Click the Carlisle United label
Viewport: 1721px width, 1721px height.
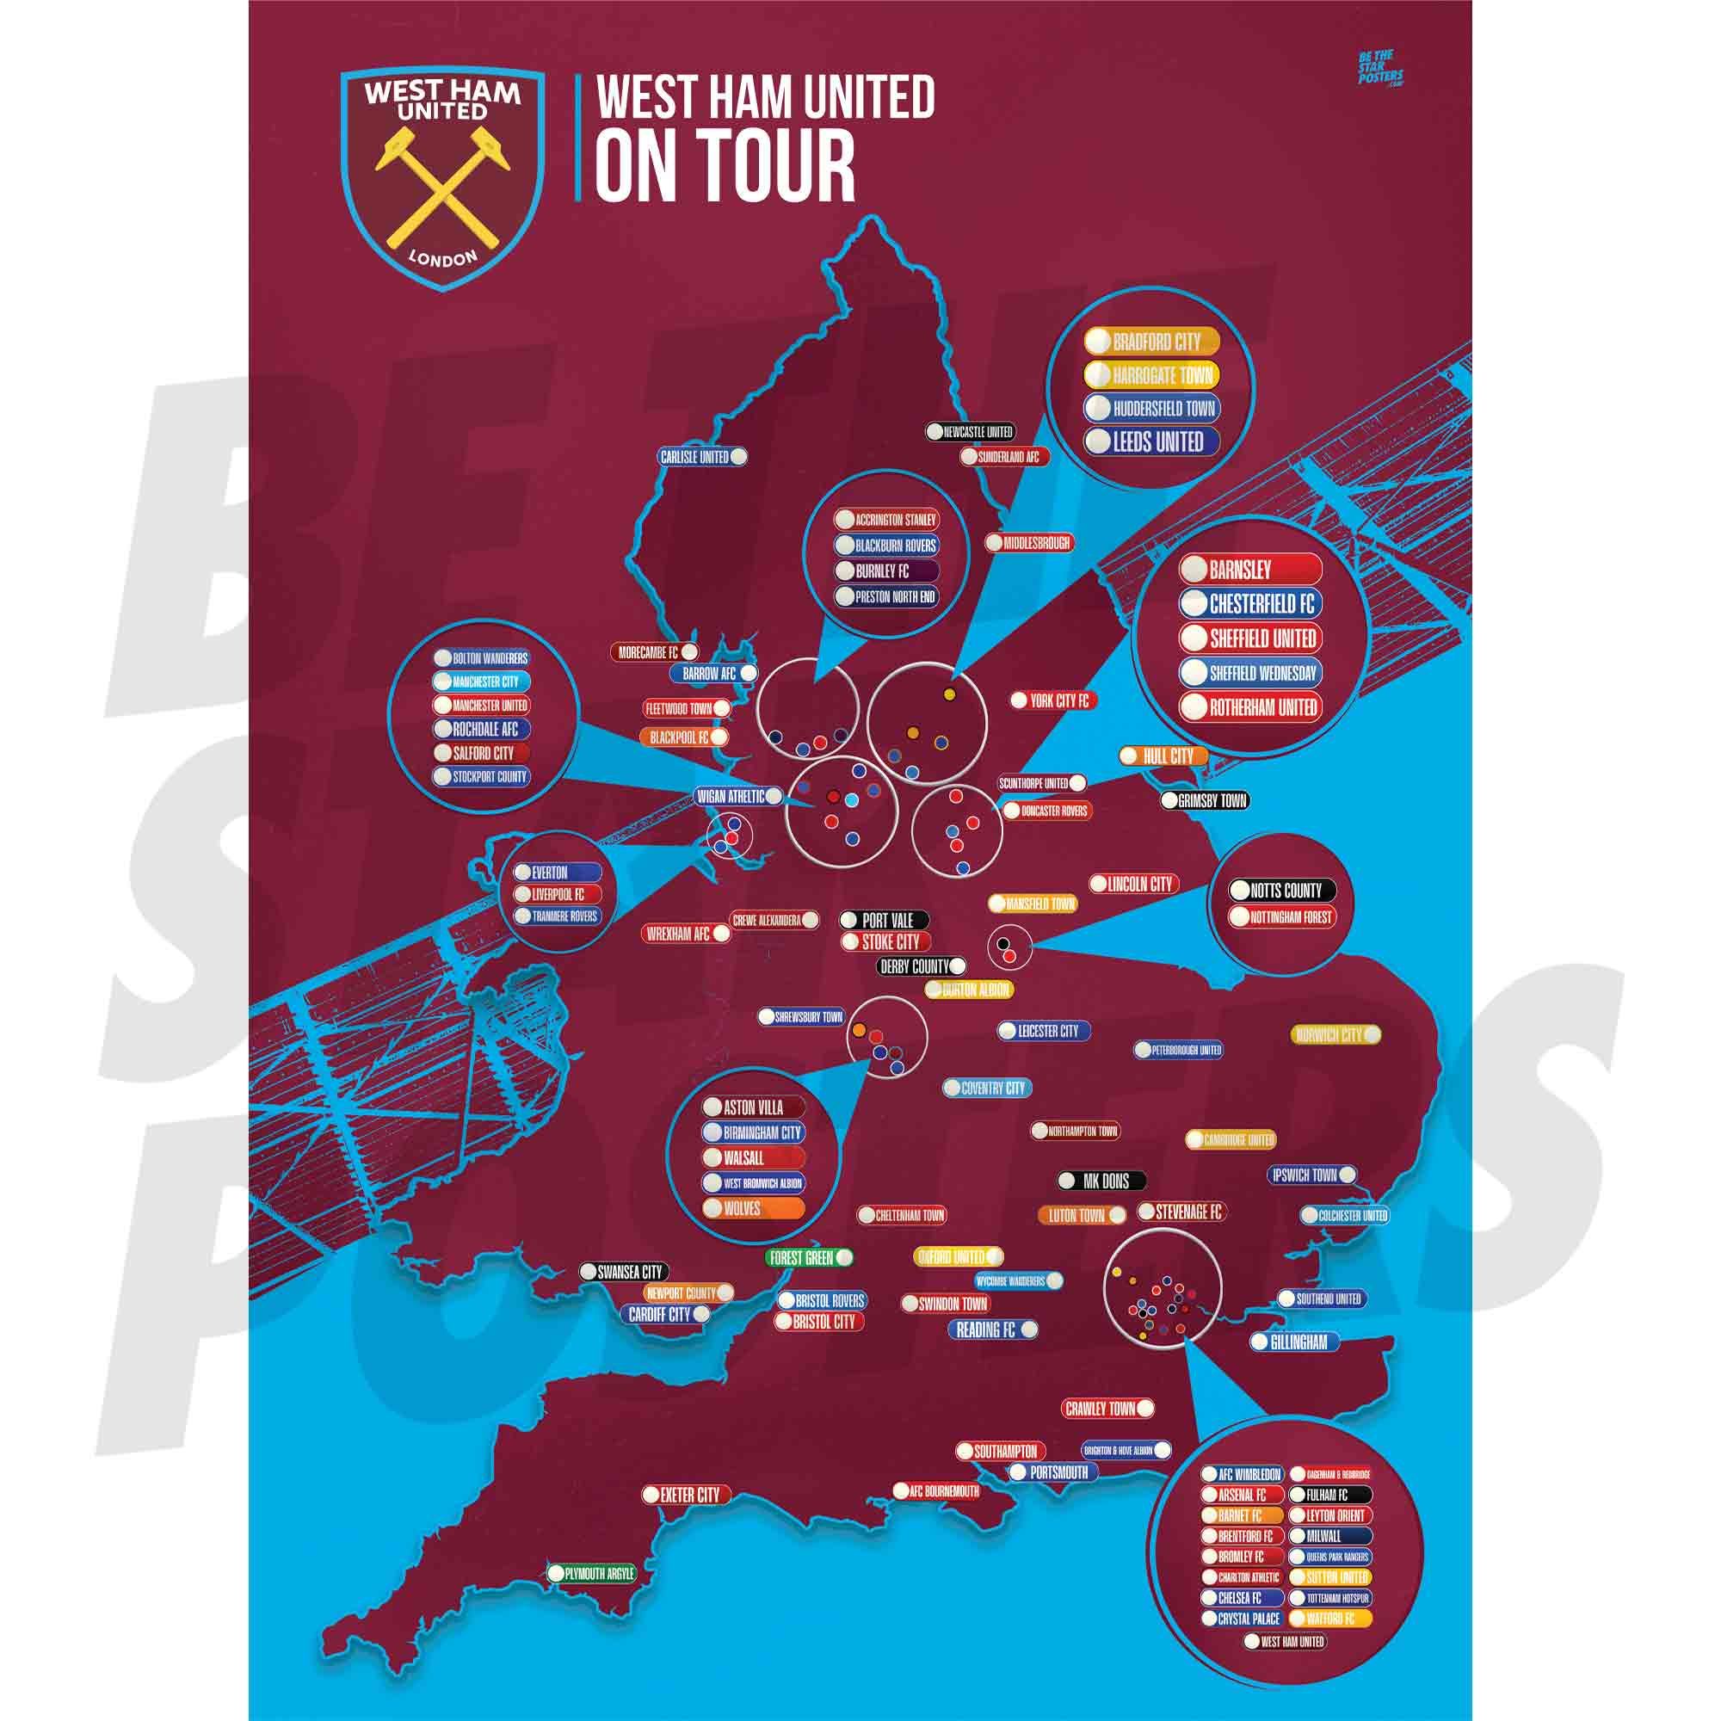coord(702,457)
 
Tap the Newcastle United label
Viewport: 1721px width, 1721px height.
coord(970,432)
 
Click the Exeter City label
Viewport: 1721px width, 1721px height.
coord(686,1495)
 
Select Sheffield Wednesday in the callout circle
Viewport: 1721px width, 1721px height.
coord(1250,674)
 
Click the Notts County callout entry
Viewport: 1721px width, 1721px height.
coord(1282,890)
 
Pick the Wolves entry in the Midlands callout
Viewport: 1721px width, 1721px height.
coord(753,1209)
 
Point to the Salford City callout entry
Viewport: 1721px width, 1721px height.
coord(481,753)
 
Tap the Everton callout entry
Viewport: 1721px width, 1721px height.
coord(558,873)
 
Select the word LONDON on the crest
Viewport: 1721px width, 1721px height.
coord(442,258)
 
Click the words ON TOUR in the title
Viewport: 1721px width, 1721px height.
coord(725,166)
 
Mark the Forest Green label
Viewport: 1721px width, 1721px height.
coord(809,1258)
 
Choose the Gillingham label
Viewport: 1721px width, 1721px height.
coord(1293,1342)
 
